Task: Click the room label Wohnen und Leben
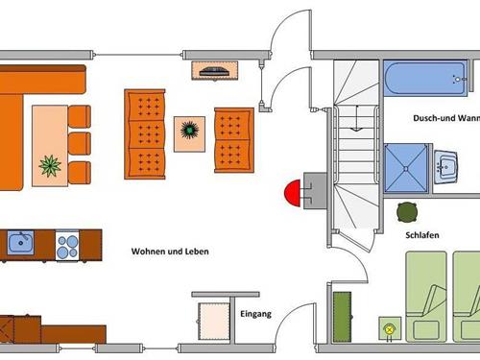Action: point(170,252)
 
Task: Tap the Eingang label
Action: point(254,314)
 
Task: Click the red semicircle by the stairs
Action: point(292,190)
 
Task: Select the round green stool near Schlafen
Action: point(407,210)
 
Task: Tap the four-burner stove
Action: point(67,246)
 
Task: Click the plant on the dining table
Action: point(50,167)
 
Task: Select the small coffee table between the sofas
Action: point(189,133)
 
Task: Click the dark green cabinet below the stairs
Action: point(342,315)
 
